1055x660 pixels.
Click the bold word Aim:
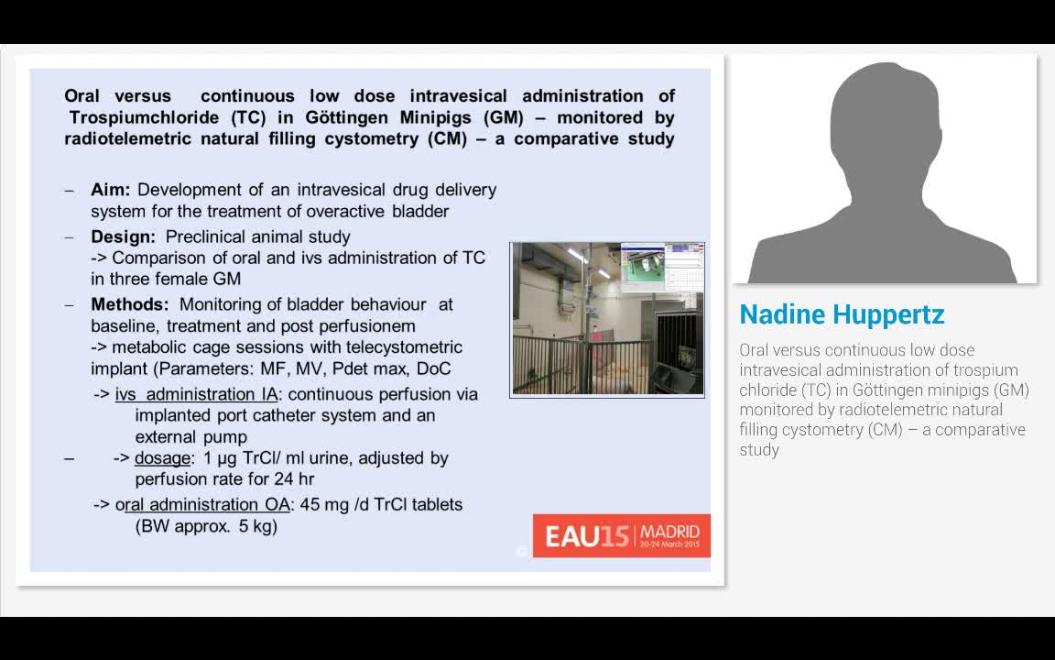click(110, 190)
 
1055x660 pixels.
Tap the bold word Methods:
click(129, 304)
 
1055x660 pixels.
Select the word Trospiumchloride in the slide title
click(144, 117)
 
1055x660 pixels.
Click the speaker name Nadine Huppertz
click(842, 314)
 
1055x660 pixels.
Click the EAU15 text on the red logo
click(586, 536)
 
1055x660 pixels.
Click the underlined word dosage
click(163, 457)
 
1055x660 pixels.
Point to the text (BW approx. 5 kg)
click(206, 526)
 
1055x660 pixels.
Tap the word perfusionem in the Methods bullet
click(372, 325)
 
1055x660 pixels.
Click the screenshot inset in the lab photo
click(661, 268)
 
